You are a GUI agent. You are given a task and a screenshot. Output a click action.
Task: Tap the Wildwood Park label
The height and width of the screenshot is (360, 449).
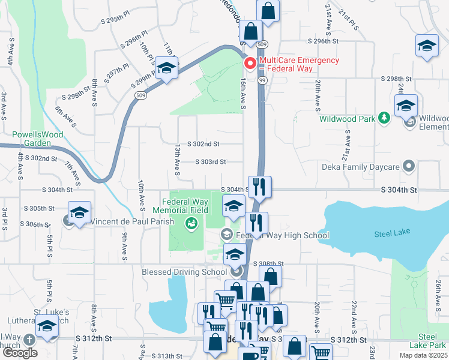click(x=347, y=119)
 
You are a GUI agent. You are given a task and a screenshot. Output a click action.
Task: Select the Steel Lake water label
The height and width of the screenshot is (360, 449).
click(x=391, y=234)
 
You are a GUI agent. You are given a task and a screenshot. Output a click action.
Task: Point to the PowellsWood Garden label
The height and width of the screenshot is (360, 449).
click(x=39, y=139)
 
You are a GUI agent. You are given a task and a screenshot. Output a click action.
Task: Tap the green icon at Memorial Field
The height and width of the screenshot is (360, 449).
click(x=192, y=224)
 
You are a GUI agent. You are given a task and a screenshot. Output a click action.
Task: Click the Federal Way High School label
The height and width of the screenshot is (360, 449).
click(x=282, y=235)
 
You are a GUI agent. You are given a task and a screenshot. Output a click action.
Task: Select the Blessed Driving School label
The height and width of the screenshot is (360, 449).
click(x=185, y=272)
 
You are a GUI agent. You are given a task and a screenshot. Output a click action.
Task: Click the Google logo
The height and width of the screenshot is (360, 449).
click(x=20, y=352)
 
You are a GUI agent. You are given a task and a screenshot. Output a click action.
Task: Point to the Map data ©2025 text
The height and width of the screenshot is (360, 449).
click(x=421, y=355)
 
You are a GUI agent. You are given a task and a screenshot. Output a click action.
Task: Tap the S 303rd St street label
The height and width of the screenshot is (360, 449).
click(x=210, y=162)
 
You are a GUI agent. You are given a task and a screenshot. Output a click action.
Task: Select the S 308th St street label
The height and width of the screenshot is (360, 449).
click(x=268, y=263)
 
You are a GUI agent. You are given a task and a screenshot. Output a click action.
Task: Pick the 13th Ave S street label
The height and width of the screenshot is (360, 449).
click(x=177, y=159)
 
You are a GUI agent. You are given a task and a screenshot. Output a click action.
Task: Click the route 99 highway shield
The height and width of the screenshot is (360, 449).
click(x=262, y=80)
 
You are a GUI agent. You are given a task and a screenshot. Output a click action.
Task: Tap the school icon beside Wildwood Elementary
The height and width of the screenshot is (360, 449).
click(x=406, y=106)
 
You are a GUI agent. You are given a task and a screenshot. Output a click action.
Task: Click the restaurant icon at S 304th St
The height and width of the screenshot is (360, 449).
click(x=260, y=187)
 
